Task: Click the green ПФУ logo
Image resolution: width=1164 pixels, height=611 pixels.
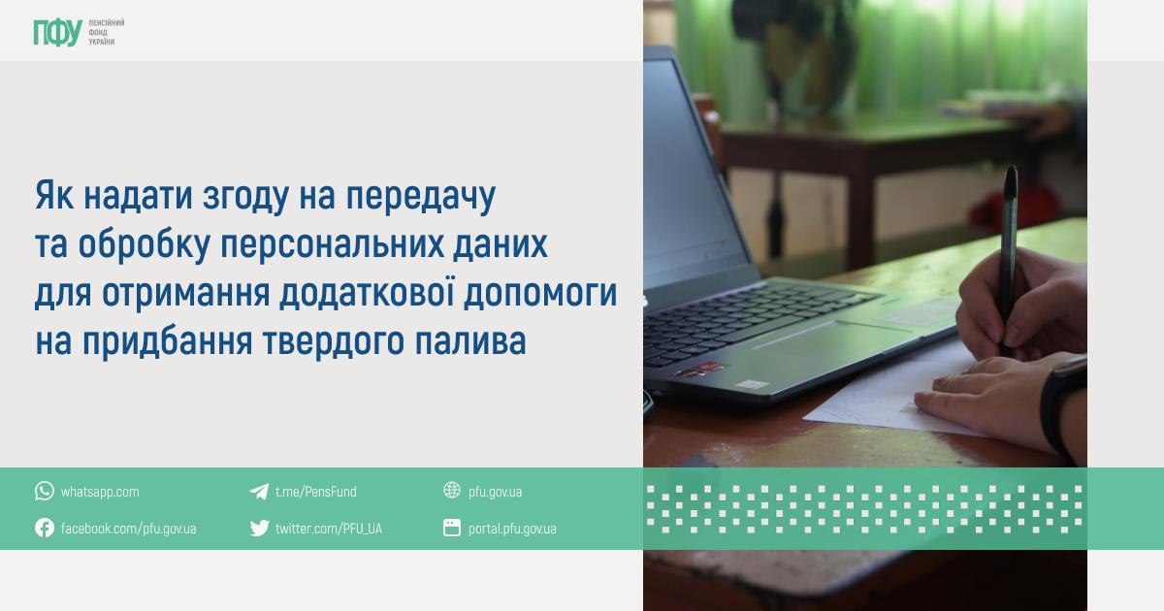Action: (x=57, y=33)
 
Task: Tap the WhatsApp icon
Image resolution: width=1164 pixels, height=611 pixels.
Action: (x=45, y=491)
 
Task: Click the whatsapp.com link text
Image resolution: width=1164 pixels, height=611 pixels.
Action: (x=100, y=492)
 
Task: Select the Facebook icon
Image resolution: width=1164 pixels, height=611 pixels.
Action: (x=45, y=528)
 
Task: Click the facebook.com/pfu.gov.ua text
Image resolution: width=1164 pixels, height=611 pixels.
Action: (x=128, y=529)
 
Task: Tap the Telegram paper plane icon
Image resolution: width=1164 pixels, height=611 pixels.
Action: (x=259, y=491)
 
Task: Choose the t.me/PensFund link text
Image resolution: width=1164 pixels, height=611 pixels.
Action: (x=316, y=492)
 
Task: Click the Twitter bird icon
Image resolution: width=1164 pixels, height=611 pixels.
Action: (x=259, y=528)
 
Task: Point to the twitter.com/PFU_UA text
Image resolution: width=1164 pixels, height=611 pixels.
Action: (x=329, y=529)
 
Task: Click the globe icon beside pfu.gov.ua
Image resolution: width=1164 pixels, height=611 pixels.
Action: (x=452, y=490)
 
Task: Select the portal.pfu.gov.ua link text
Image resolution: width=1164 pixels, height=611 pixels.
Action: (x=512, y=529)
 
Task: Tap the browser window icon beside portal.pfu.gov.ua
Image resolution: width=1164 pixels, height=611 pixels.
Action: (x=452, y=528)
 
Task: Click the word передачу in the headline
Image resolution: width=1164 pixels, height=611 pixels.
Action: (x=421, y=196)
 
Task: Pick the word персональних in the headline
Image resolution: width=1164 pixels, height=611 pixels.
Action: (x=333, y=244)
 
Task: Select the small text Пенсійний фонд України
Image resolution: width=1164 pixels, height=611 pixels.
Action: (x=106, y=32)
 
